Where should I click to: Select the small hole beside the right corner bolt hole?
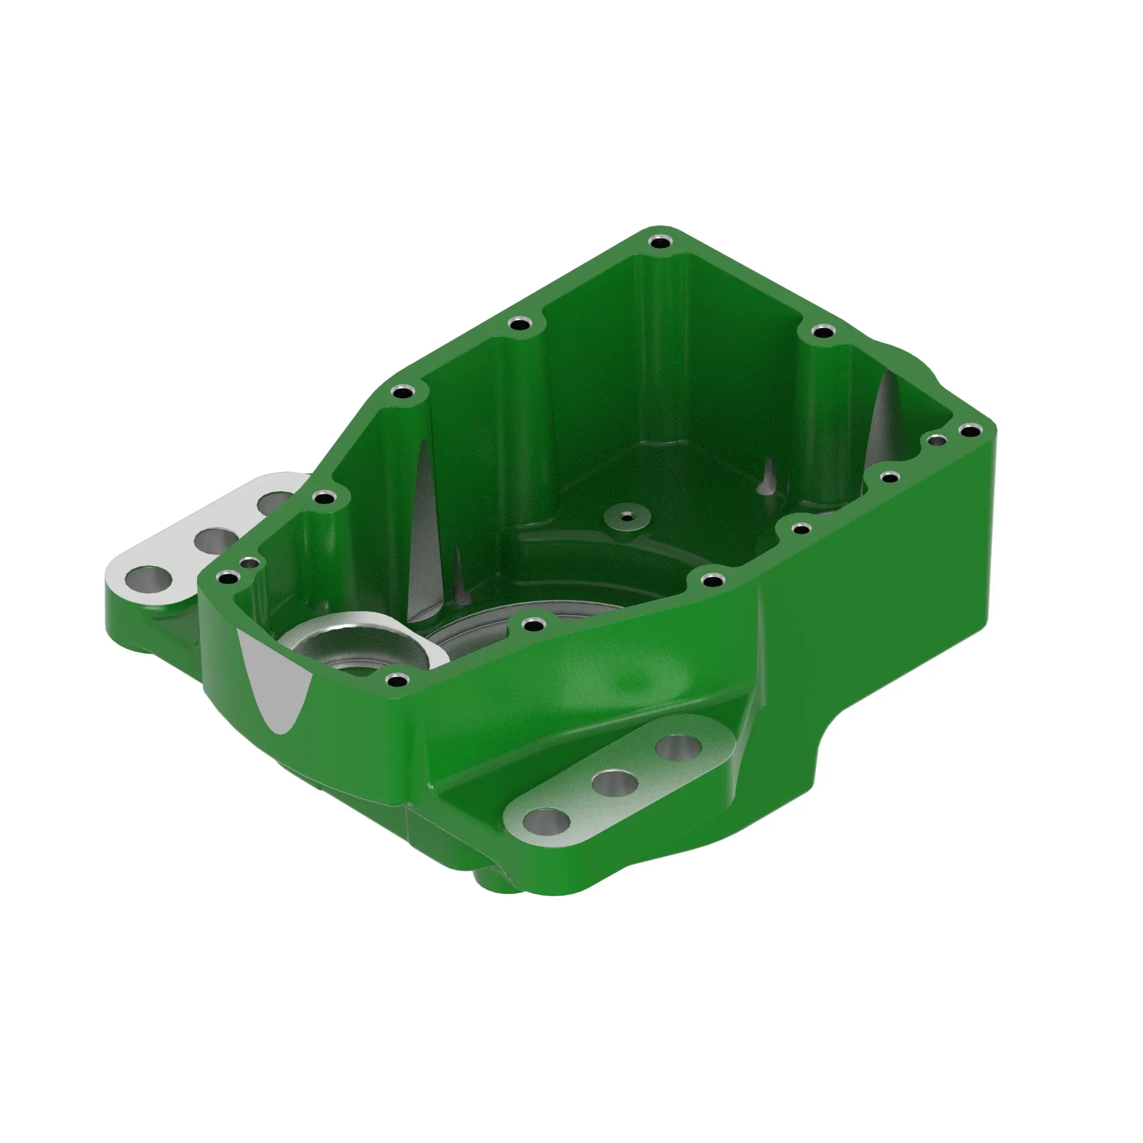[937, 439]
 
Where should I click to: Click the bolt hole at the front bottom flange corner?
[397, 679]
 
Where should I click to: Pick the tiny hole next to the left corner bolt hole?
[251, 562]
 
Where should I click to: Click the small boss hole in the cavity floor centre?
[626, 517]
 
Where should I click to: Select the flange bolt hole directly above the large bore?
[535, 624]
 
